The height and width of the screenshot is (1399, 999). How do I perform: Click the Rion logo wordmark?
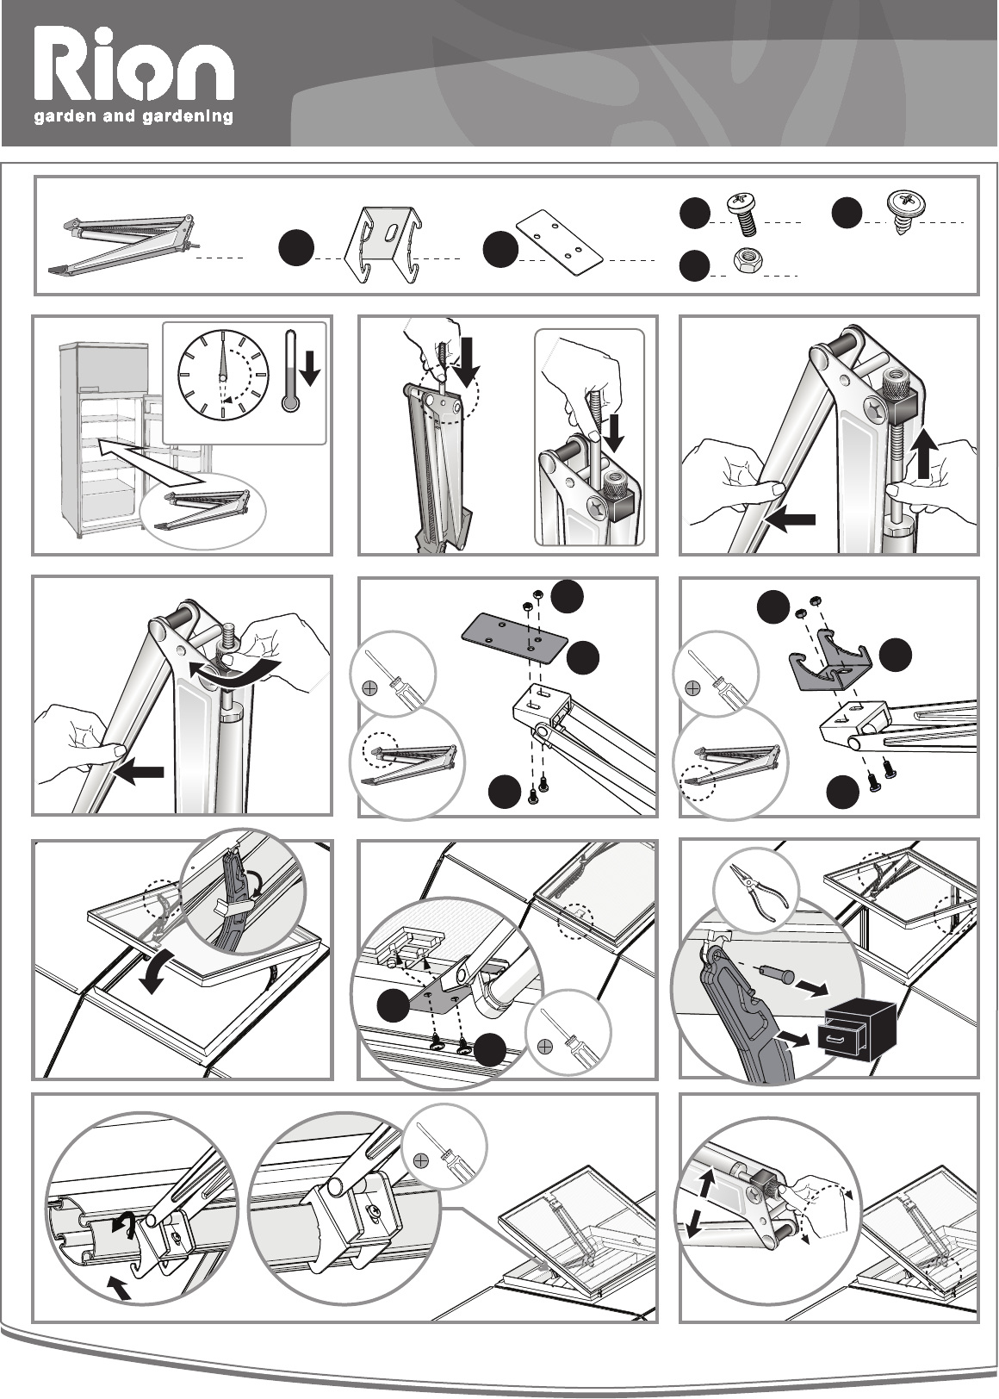click(134, 65)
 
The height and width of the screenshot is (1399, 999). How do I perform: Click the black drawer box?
click(860, 1029)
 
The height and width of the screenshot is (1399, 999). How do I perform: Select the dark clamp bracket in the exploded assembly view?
click(829, 663)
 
